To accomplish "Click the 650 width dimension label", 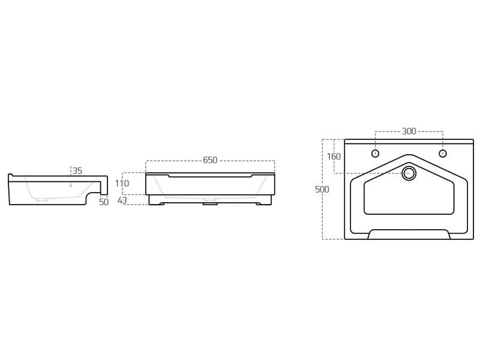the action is [210, 160].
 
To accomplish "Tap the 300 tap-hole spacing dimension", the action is [409, 131].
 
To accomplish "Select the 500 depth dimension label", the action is [322, 190].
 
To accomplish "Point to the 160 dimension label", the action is [334, 157].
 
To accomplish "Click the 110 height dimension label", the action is [122, 184].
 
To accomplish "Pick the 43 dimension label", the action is [122, 200].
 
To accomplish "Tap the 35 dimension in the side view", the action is [77, 171].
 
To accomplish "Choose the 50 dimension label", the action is [104, 202].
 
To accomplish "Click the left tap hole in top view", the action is [376, 154].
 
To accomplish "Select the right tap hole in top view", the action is [443, 154].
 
